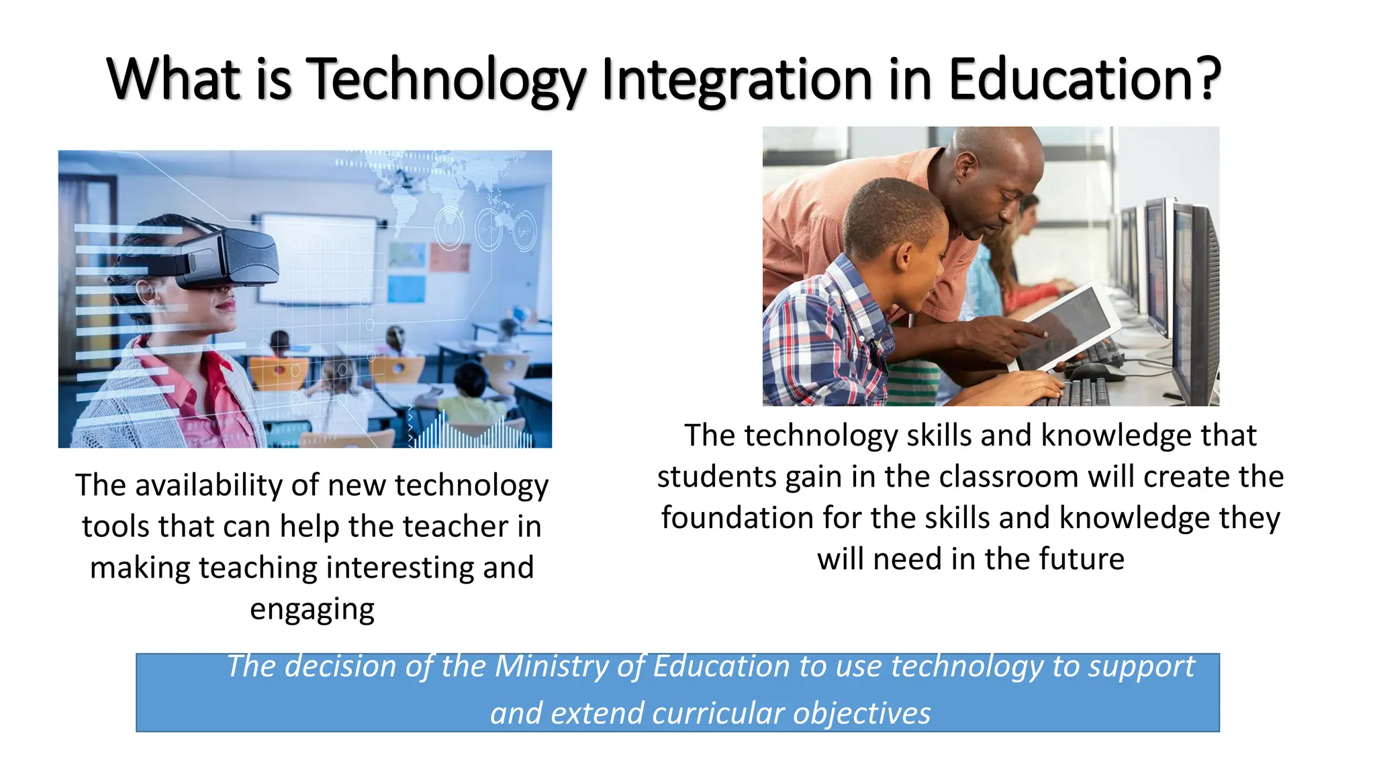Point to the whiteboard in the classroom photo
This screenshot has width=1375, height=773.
pos(316,258)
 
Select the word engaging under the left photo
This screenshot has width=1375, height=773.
pos(312,609)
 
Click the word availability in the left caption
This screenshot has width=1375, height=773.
pos(246,485)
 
